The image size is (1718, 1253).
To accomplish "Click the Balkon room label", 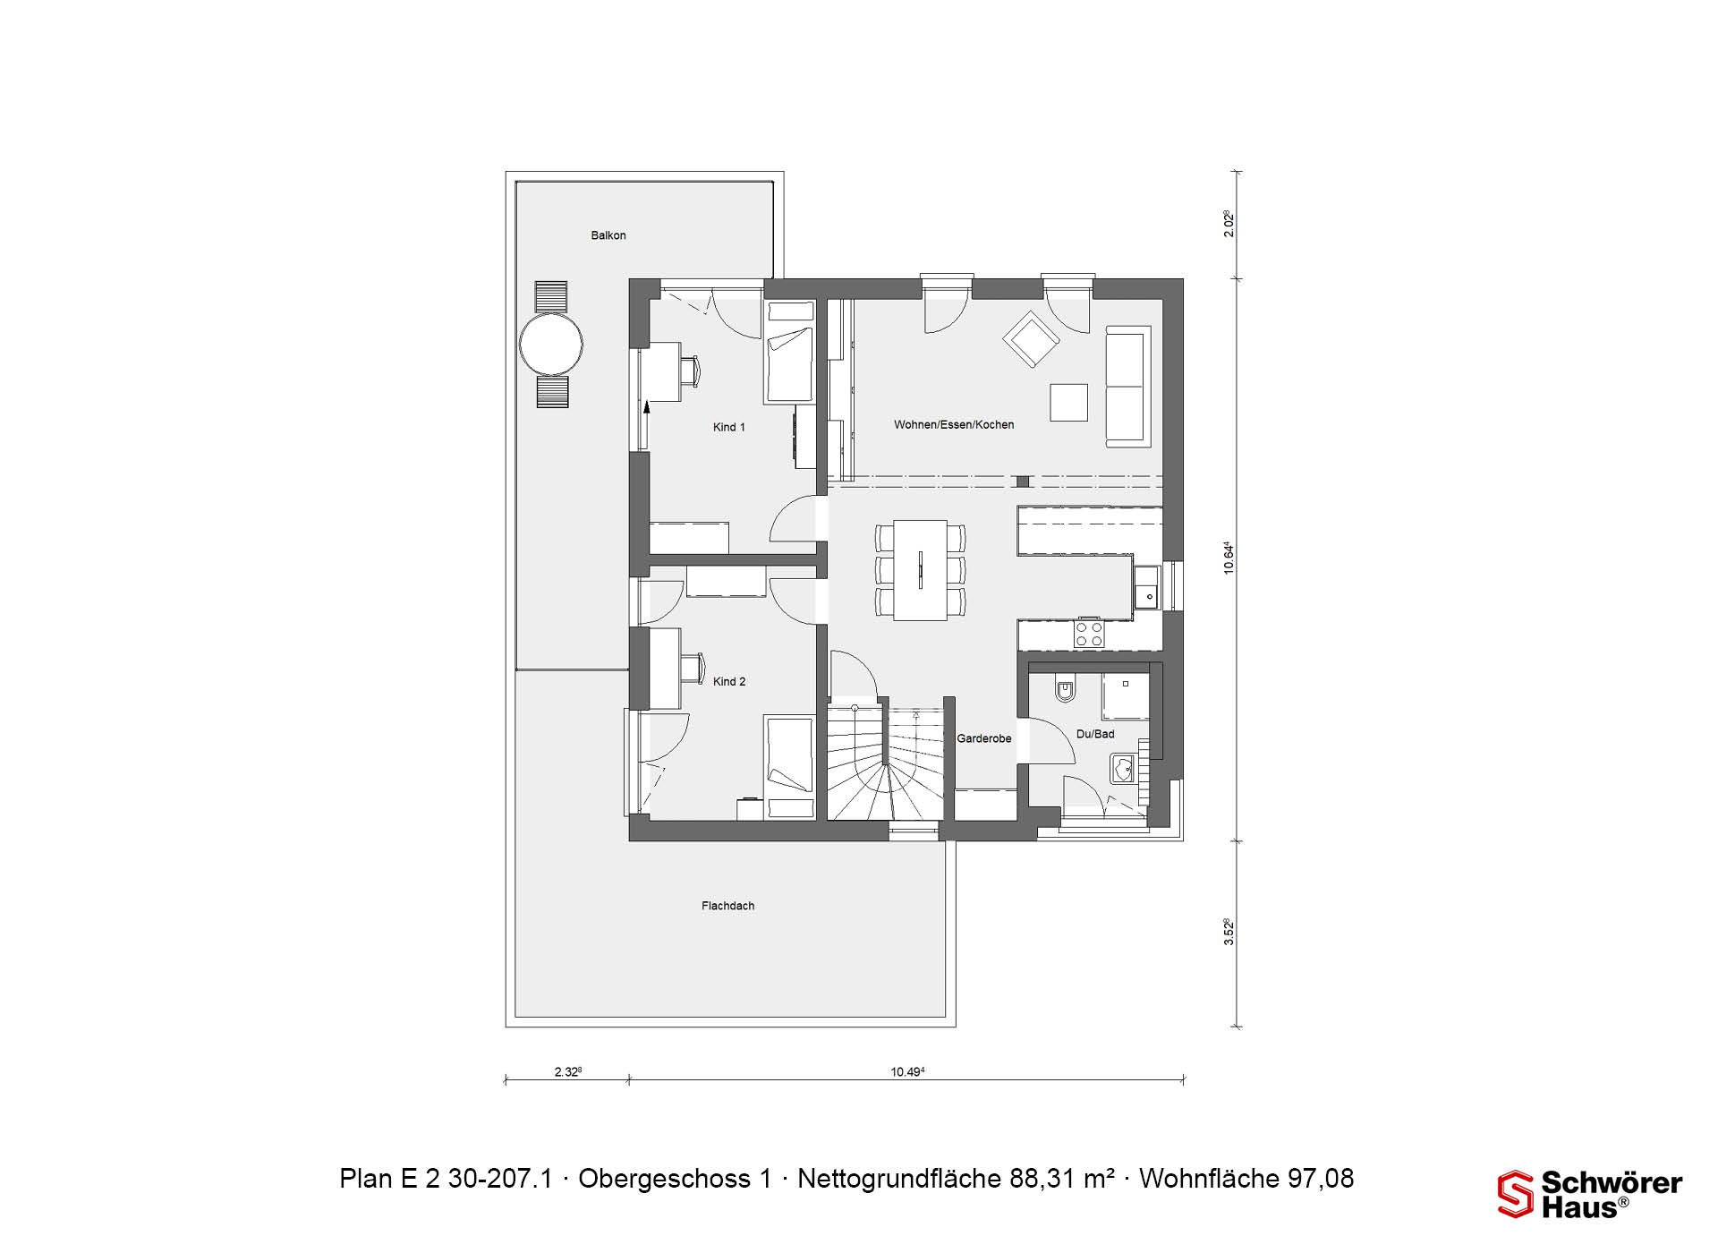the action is point(608,235).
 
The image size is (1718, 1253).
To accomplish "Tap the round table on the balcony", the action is point(551,344).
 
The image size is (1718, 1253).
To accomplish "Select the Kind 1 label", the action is point(729,427).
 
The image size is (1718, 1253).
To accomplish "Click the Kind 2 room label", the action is point(729,681).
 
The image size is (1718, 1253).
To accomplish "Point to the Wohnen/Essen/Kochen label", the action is point(954,424).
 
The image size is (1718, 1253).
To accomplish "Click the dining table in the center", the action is point(921,570).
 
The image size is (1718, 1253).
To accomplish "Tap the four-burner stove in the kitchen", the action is point(1089,634).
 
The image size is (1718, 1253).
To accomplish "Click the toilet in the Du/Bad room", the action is point(1065,691).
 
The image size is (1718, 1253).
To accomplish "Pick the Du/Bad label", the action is point(1095,734).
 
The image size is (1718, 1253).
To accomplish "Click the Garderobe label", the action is point(984,738).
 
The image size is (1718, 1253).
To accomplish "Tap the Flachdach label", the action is point(727,906).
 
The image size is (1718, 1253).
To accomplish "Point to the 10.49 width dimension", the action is point(907,1071).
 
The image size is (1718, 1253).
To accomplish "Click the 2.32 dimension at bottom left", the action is point(568,1071).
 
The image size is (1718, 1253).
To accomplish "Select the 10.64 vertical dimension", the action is point(1229,558).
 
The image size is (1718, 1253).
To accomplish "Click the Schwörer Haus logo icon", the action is point(1516,1194).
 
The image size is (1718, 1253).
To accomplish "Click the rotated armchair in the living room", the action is point(1031,339).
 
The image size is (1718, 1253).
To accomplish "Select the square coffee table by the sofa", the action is point(1069,402).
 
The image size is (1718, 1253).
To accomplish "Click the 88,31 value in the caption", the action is point(1043,1178).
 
